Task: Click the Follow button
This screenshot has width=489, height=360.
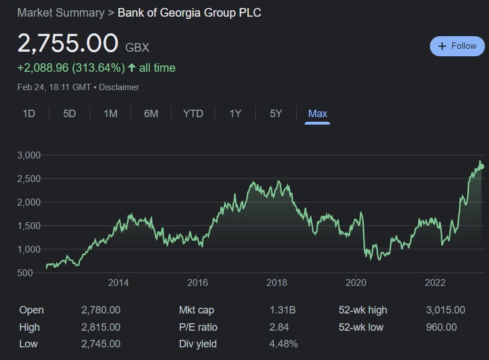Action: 457,46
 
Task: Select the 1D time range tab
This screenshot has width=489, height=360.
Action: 29,114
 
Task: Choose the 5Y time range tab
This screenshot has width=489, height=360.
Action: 276,114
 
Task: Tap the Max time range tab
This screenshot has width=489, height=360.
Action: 317,114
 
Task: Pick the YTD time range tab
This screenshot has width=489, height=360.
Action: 193,114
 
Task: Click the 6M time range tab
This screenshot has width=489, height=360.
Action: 151,114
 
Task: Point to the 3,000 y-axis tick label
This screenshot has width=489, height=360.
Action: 29,155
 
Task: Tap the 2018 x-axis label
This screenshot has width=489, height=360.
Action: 277,282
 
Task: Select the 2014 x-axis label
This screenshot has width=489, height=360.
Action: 118,282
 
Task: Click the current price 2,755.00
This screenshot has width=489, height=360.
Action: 68,44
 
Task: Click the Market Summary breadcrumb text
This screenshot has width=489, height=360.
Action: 61,12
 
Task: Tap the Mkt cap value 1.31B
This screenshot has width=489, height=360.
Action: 282,310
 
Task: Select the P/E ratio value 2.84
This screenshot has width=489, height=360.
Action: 279,327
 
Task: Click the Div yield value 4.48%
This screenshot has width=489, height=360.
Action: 284,344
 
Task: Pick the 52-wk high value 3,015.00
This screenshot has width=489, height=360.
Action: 446,310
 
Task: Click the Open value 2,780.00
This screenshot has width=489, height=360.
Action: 101,310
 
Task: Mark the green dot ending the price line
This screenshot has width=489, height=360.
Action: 482,167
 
